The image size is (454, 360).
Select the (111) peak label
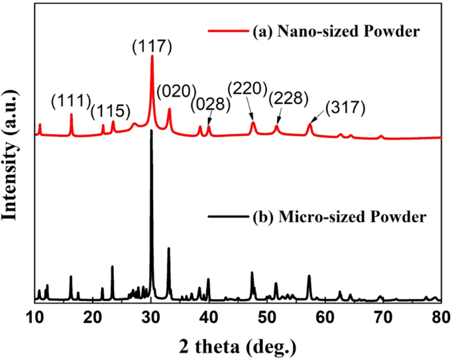71,101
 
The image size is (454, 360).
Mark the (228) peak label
288,99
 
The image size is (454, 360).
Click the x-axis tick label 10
35,318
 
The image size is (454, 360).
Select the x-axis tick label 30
151,318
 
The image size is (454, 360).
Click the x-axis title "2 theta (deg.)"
238,346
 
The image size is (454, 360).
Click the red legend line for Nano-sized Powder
227,31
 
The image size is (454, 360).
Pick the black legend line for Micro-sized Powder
227,217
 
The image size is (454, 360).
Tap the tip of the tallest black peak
152,131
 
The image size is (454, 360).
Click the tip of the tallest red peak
152,56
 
